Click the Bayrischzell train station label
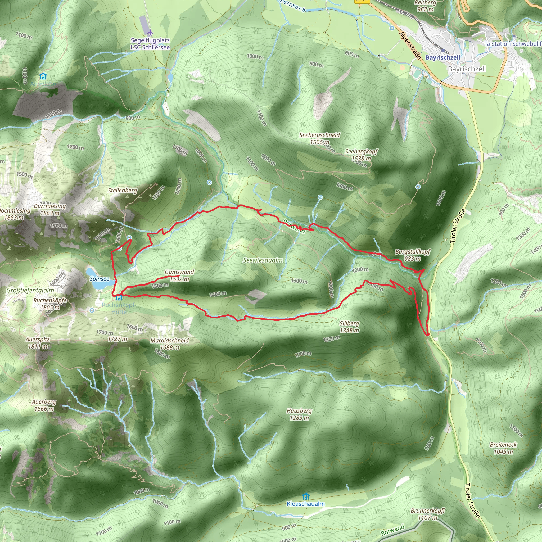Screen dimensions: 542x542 pos(443,57)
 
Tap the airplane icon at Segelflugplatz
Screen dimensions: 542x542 pos(150,33)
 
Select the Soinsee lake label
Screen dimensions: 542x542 pos(99,279)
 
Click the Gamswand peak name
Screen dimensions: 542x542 pos(179,272)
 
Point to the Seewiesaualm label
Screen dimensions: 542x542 pos(263,260)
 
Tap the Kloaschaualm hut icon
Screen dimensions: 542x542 pos(306,496)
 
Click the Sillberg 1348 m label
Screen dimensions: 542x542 pos(349,327)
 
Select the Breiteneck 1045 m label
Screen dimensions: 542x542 pos(503,448)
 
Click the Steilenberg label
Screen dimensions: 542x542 pos(123,190)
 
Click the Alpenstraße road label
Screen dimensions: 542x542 pos(410,46)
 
